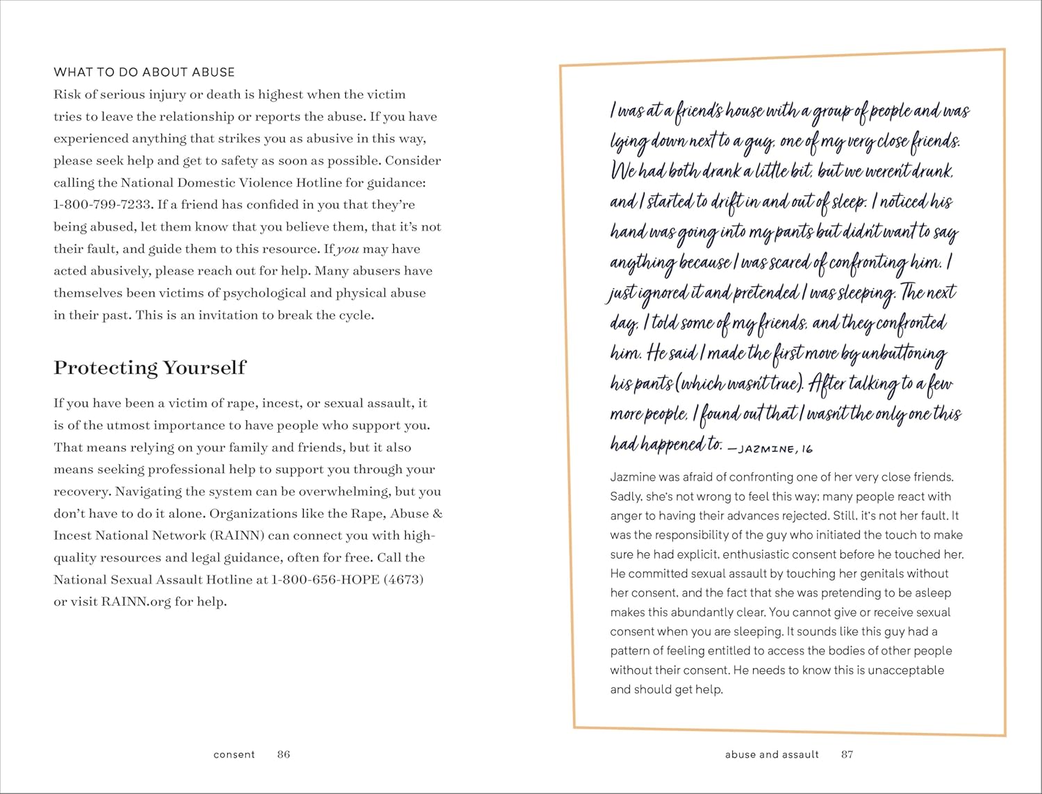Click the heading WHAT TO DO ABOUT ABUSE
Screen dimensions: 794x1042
coord(144,72)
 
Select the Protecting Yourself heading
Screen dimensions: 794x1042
coord(149,367)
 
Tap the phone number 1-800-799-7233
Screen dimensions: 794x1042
coord(102,205)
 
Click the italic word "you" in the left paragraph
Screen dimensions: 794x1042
coord(347,249)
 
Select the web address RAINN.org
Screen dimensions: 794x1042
coord(136,602)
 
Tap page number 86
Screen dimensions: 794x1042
coord(283,754)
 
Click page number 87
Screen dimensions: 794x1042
coord(847,754)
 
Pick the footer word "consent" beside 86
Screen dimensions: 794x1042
coord(234,754)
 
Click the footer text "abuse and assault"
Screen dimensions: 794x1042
coord(772,754)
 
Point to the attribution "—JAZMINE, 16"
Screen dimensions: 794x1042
coord(770,449)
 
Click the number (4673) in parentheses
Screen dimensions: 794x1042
coord(403,579)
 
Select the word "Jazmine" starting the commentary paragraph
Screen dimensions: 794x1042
coord(632,477)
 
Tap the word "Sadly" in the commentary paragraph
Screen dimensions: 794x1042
coord(625,497)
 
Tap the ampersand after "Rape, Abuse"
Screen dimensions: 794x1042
coord(437,514)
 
